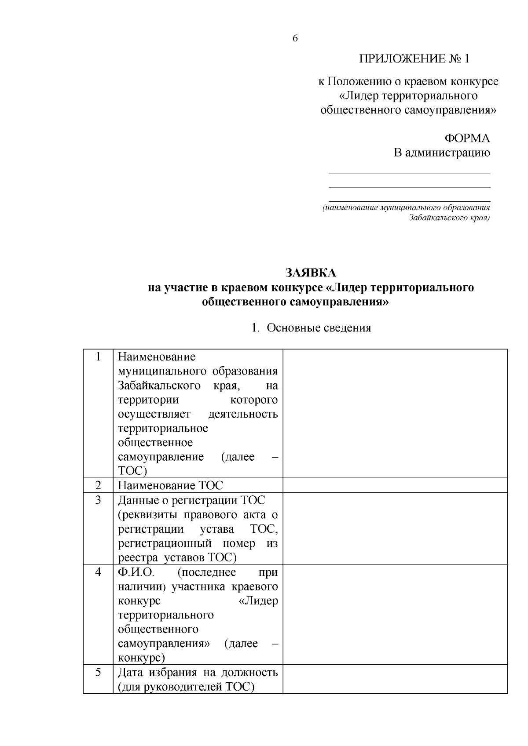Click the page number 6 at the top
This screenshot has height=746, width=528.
(x=295, y=39)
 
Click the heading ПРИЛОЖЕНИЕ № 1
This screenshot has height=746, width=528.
(x=414, y=59)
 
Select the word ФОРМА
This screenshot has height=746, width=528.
(x=467, y=138)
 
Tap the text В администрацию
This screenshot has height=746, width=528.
(x=441, y=153)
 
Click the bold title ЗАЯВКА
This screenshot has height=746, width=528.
(x=311, y=273)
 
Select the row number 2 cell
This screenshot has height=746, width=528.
(x=98, y=485)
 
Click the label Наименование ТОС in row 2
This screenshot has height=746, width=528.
(x=170, y=485)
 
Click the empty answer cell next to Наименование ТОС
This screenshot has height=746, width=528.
(x=395, y=485)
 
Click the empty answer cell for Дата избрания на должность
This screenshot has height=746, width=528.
(x=395, y=679)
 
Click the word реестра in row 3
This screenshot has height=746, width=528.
(x=138, y=558)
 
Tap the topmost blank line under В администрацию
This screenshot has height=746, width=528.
(x=409, y=173)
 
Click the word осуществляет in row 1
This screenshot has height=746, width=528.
(x=154, y=414)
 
